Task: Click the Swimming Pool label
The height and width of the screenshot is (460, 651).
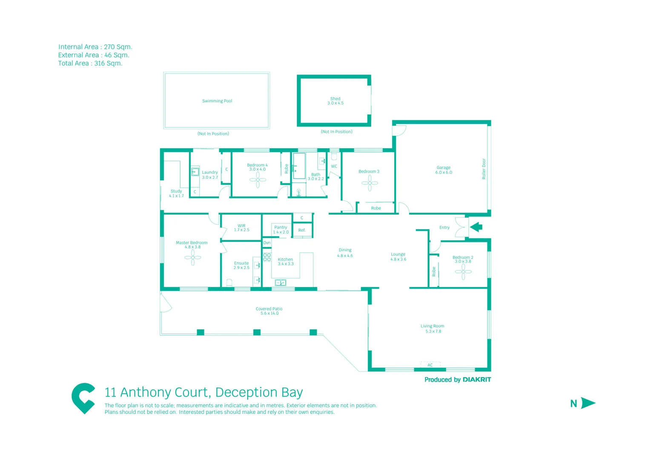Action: click(x=217, y=101)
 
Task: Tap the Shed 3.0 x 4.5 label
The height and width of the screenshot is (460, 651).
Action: click(x=335, y=101)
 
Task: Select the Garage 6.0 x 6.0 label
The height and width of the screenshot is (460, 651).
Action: click(x=443, y=170)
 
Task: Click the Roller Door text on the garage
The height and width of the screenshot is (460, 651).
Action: click(x=484, y=169)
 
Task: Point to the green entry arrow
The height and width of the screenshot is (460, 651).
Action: click(x=476, y=227)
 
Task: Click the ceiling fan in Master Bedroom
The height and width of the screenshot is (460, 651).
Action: click(x=193, y=257)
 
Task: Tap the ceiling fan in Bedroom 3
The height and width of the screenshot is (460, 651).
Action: click(x=370, y=183)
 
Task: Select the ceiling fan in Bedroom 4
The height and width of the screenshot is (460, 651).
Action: click(x=258, y=180)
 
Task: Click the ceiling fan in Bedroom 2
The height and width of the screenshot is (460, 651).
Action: click(x=463, y=271)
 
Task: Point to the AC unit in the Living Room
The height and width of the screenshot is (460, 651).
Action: click(x=430, y=365)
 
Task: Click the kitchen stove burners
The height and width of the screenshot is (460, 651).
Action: click(x=267, y=257)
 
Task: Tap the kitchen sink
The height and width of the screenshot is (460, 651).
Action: click(x=280, y=282)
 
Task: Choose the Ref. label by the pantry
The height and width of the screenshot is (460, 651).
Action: click(x=302, y=230)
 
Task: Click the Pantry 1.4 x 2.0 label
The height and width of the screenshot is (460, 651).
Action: click(x=281, y=230)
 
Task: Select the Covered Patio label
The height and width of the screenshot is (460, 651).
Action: click(x=269, y=311)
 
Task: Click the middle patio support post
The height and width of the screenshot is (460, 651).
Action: click(x=257, y=332)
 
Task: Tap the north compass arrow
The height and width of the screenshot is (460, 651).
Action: click(x=588, y=403)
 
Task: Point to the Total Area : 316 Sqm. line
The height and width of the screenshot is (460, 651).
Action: click(x=90, y=63)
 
